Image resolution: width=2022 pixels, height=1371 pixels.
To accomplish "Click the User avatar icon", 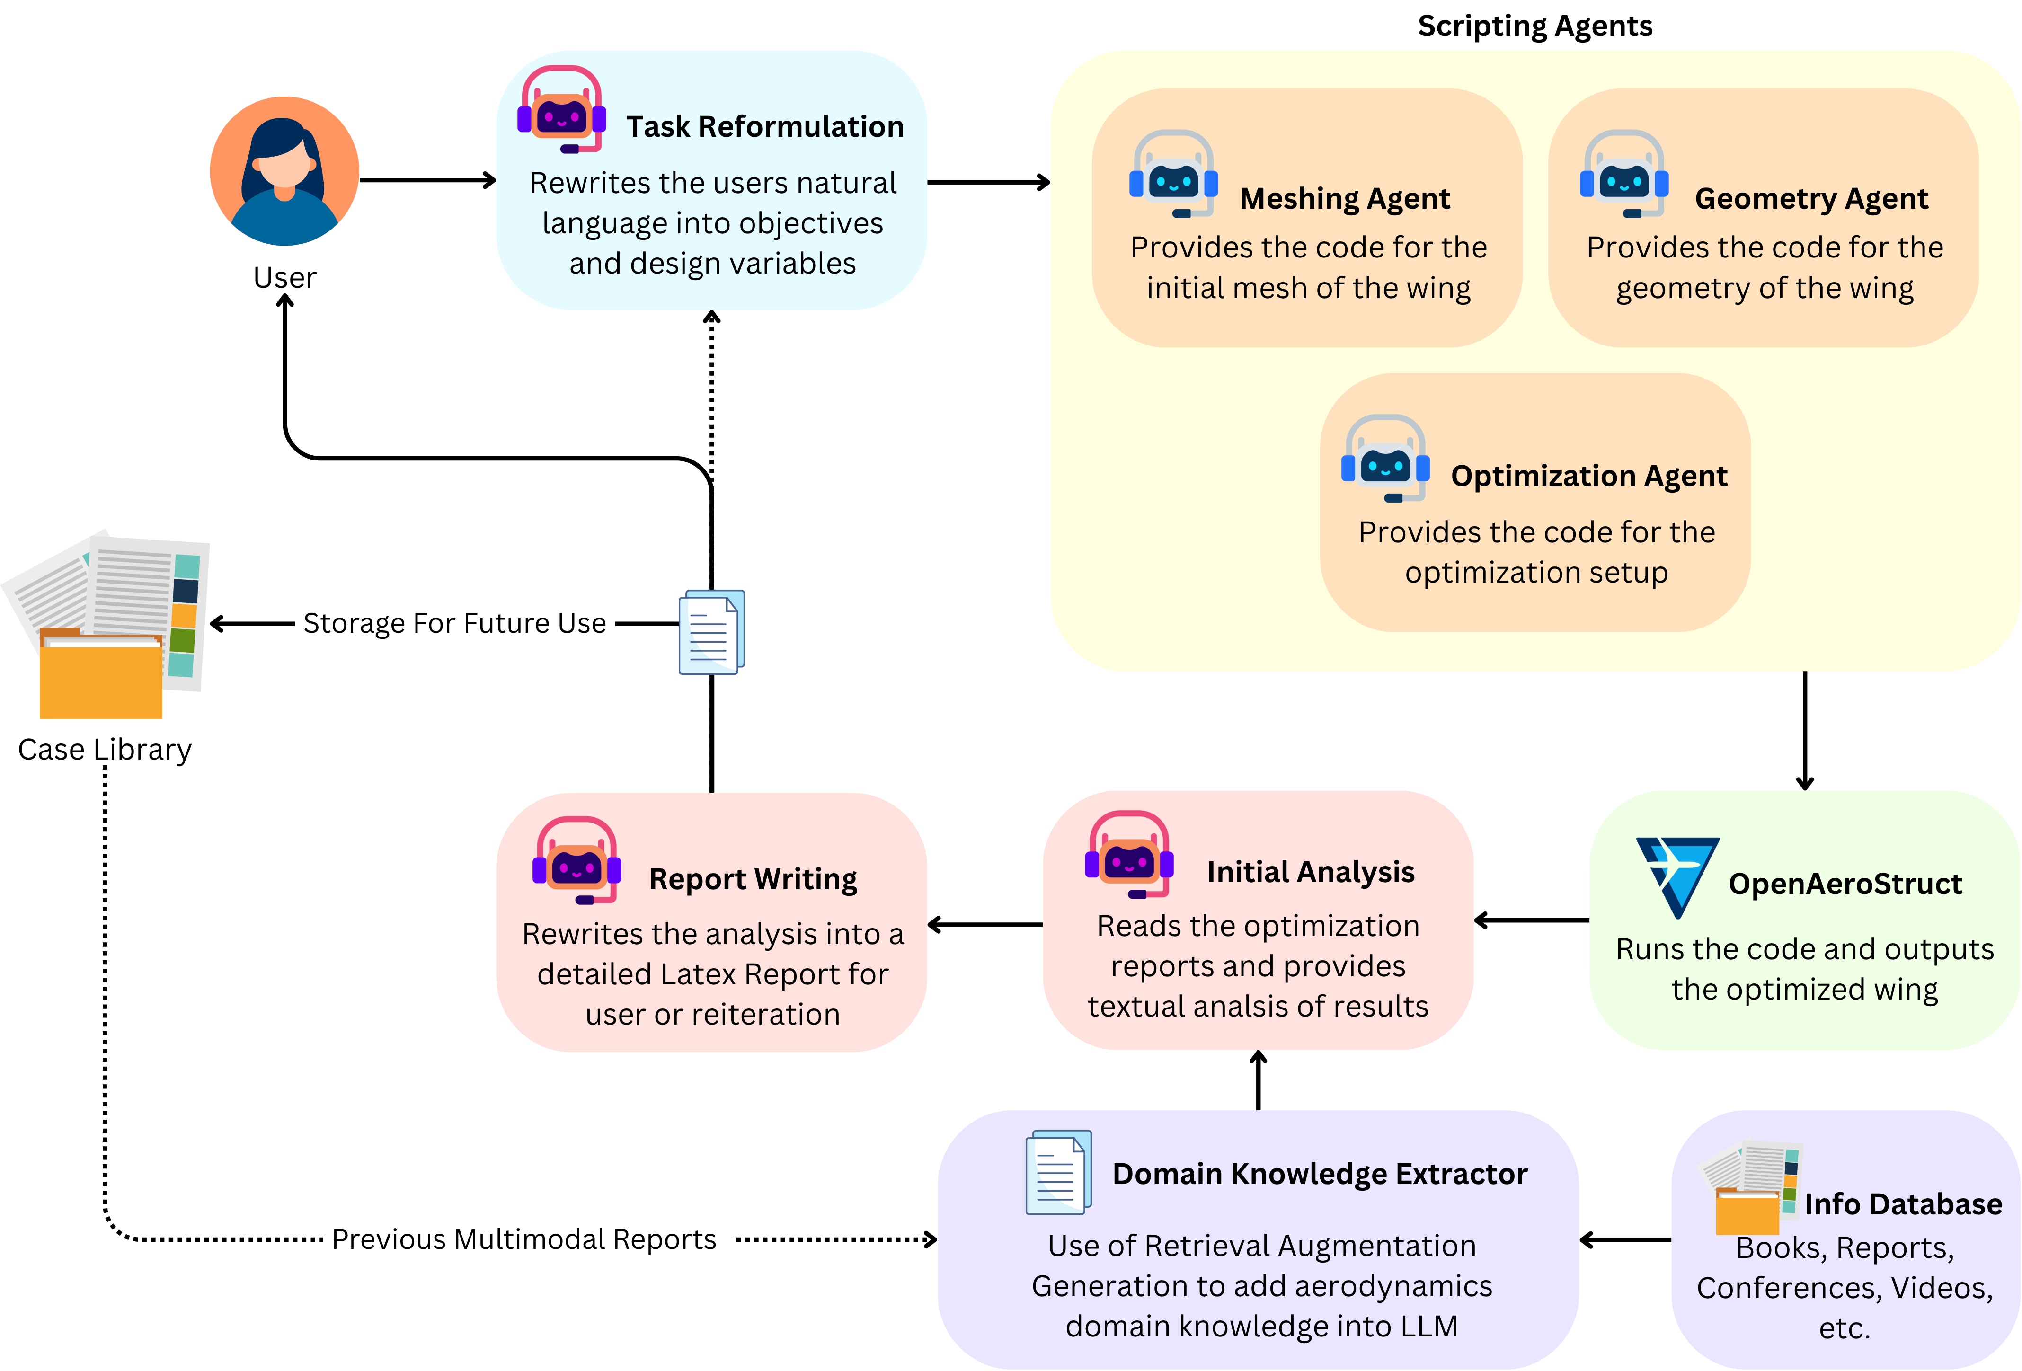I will click(x=284, y=170).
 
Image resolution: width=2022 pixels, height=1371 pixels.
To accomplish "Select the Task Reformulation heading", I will click(x=765, y=127).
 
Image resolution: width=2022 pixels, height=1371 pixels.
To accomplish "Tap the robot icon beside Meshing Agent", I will click(x=1173, y=174).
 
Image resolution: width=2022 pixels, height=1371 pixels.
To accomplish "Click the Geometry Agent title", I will click(x=1811, y=199).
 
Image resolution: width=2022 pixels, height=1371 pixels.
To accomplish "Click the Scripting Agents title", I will click(x=1535, y=26).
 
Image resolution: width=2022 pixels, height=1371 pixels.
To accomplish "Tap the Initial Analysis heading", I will click(x=1310, y=872).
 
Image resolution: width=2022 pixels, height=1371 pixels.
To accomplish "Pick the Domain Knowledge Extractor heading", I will click(x=1319, y=1175).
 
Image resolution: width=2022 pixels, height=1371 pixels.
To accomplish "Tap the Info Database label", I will click(x=1903, y=1204).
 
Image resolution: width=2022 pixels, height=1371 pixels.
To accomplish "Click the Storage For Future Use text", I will click(x=454, y=624).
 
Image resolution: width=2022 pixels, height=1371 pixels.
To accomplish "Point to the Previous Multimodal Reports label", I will click(x=524, y=1239).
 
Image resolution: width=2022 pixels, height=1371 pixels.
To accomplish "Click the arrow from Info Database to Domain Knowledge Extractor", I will click(x=1624, y=1239).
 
